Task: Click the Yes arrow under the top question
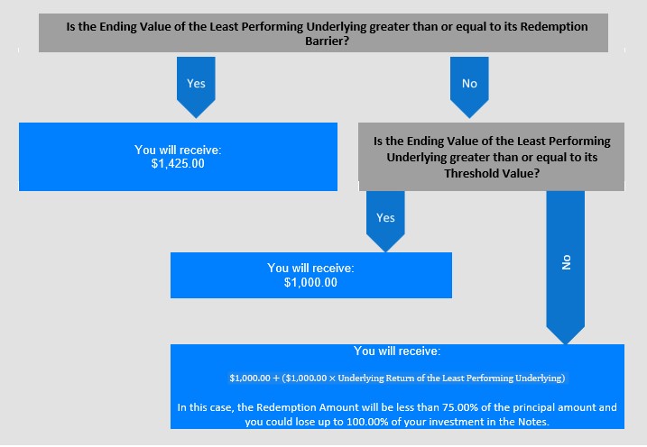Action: pos(196,87)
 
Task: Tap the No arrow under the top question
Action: pos(469,87)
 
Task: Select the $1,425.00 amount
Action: pos(178,163)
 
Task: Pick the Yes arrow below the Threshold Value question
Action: pos(385,221)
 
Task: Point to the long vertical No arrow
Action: pos(566,268)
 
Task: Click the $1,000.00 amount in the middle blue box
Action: pos(310,283)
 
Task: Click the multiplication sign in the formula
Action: pos(332,379)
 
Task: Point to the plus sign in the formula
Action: pos(276,379)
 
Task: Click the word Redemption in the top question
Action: pos(554,26)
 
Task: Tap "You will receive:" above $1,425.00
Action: pos(178,150)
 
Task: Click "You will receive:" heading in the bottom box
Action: pos(397,351)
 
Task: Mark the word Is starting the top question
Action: pos(71,26)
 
